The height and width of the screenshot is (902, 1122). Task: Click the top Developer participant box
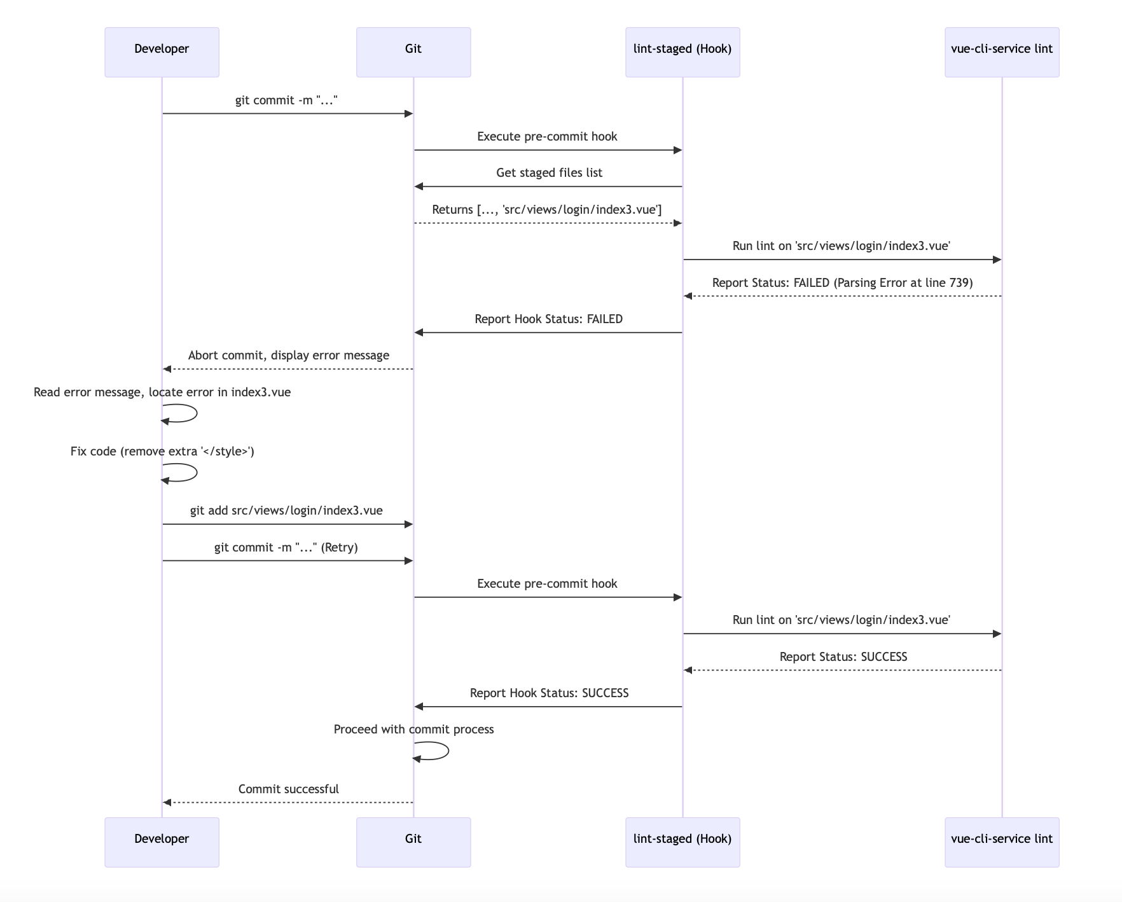(162, 52)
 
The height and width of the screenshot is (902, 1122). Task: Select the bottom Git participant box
(413, 842)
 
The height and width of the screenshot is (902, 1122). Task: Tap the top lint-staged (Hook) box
(682, 52)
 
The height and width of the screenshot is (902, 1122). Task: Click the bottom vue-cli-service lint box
(1002, 842)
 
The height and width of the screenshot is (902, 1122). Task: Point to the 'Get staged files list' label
(549, 173)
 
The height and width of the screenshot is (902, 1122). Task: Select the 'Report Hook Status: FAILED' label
(548, 319)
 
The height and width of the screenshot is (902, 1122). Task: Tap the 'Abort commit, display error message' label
(288, 356)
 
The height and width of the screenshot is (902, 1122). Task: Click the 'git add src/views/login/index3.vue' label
(286, 511)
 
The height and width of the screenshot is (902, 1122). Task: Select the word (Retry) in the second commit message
(339, 548)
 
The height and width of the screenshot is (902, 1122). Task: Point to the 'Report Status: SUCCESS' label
(843, 657)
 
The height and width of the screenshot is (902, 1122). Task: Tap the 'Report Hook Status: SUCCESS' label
(549, 693)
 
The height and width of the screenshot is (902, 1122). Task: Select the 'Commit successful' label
(288, 789)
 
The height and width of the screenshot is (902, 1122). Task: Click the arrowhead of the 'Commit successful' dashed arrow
(167, 803)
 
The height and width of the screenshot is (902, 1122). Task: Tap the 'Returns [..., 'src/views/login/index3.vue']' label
(547, 210)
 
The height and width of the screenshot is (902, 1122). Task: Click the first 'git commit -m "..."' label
(286, 101)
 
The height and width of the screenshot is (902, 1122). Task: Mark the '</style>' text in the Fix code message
(227, 452)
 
